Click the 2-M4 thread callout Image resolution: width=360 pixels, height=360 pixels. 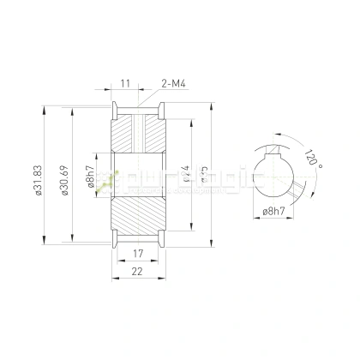[174, 83]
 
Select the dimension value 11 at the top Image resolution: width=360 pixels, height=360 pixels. [125, 83]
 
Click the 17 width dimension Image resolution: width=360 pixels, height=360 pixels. [137, 255]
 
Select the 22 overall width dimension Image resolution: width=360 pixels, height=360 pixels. [137, 272]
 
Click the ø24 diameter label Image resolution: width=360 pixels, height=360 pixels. [185, 176]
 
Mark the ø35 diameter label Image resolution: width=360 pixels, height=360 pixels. [204, 176]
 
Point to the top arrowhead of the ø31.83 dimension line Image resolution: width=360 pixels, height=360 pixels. [43, 108]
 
